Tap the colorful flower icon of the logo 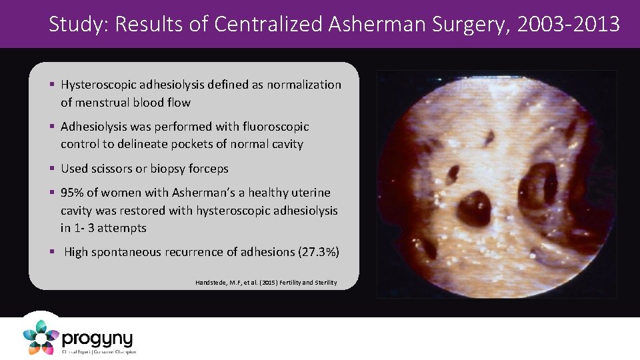(40, 337)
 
